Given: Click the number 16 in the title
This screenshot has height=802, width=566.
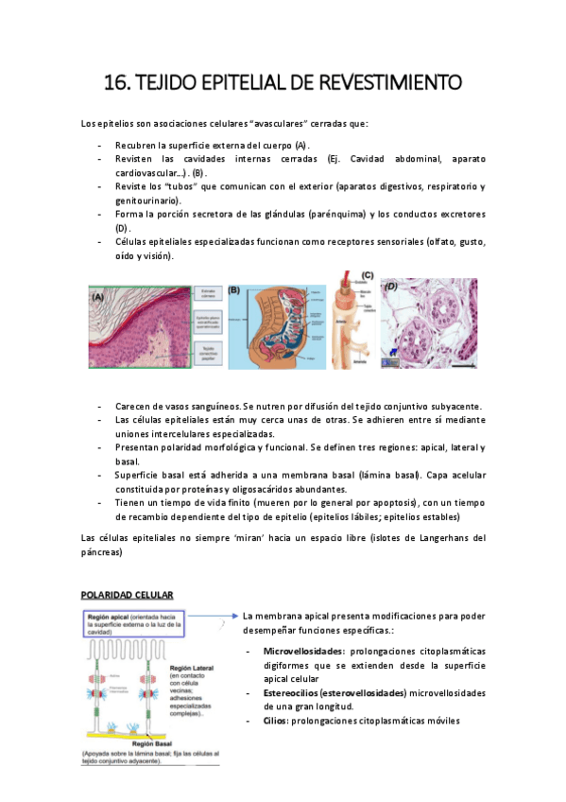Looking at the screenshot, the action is click(115, 83).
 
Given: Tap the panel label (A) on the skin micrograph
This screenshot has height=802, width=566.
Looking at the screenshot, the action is click(98, 296).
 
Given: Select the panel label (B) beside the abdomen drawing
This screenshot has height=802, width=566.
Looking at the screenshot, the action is click(235, 291).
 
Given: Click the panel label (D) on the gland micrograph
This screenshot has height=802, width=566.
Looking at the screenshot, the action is click(390, 285).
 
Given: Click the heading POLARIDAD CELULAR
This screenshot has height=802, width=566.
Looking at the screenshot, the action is click(125, 594).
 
